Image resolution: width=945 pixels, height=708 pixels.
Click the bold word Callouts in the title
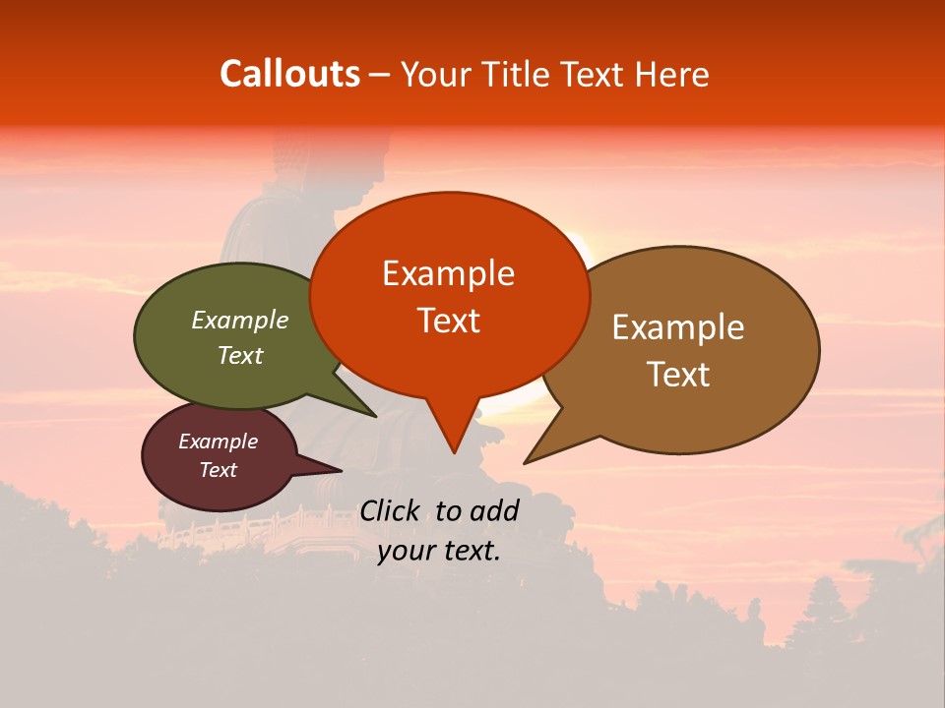point(289,74)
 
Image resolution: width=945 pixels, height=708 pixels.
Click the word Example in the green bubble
point(239,320)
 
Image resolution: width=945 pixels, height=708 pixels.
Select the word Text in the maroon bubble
point(219,470)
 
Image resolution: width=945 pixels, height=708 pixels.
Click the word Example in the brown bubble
point(678,326)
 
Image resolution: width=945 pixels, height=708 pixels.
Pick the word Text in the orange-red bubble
point(449,321)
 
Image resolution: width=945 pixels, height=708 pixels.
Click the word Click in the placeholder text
point(391,510)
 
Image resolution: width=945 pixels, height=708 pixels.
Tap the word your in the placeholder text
point(406,552)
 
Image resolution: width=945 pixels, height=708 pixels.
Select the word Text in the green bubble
point(239,355)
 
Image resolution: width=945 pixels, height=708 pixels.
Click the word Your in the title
point(433,74)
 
